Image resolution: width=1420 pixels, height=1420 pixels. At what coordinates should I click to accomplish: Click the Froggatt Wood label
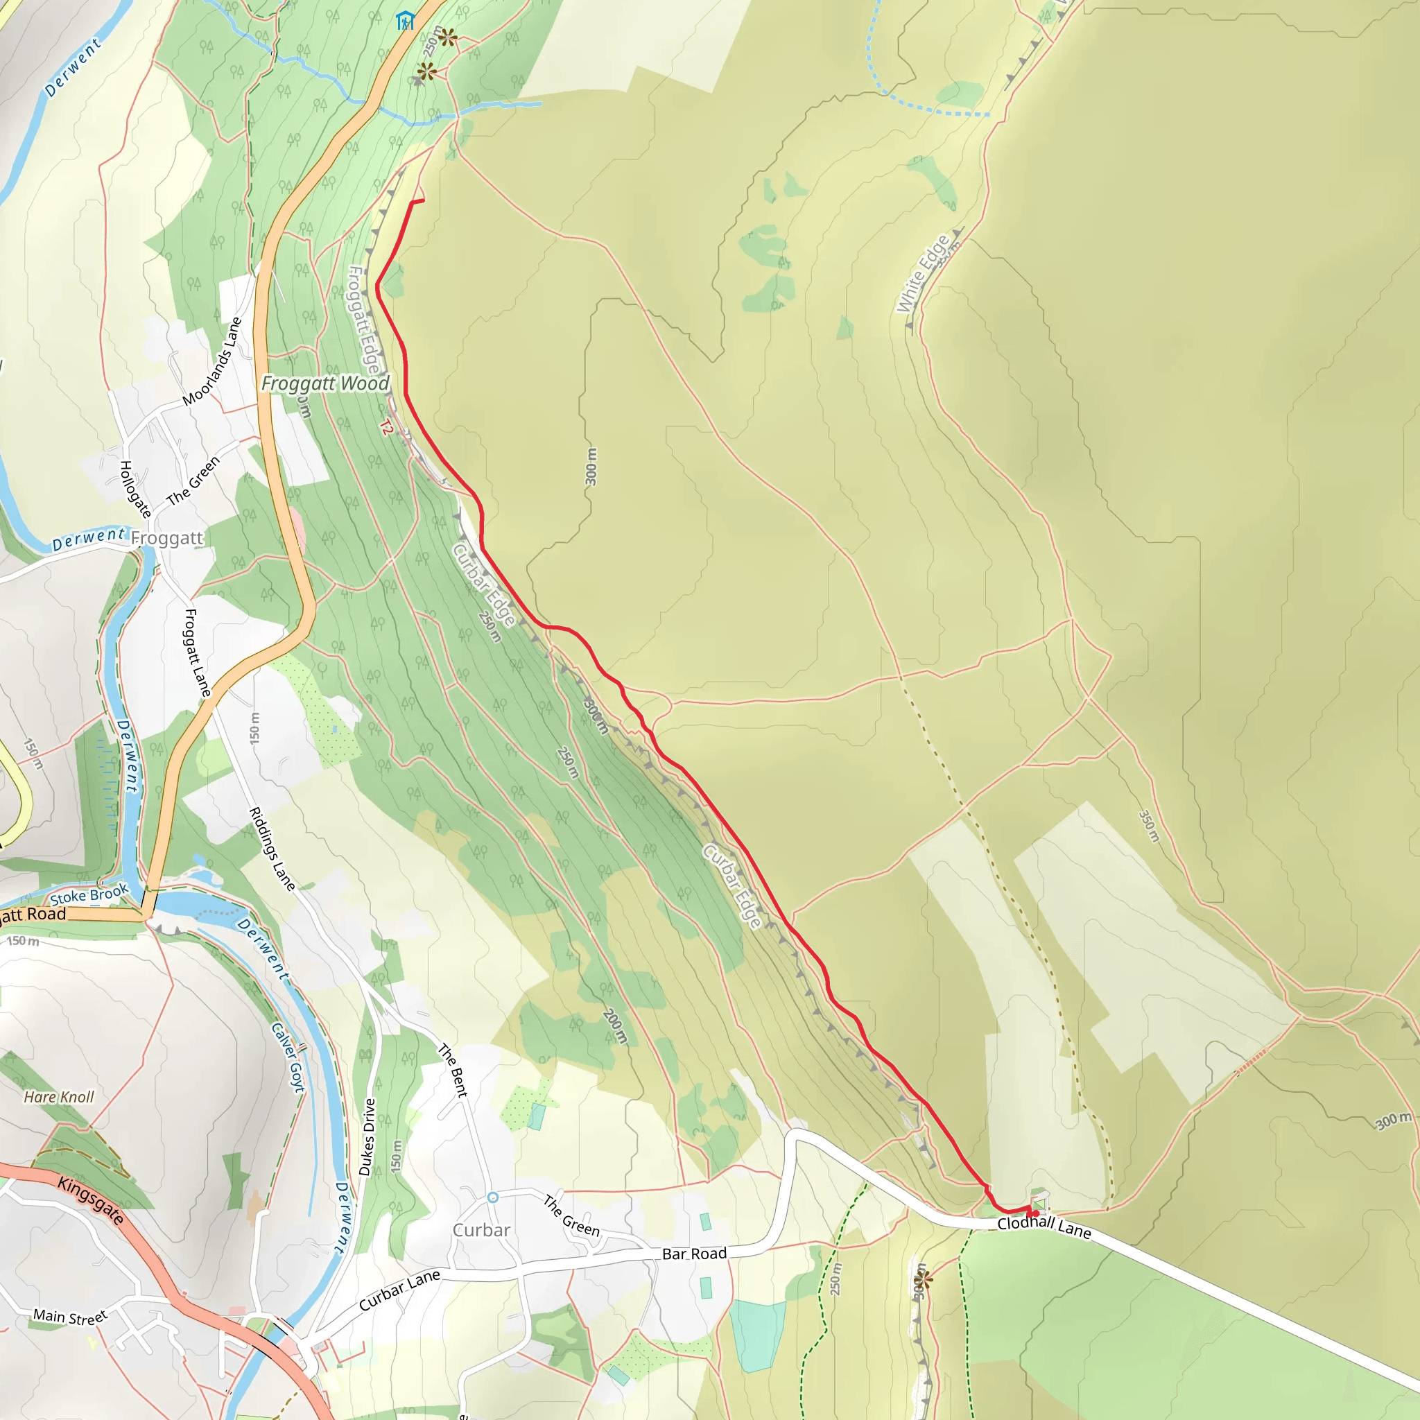(325, 383)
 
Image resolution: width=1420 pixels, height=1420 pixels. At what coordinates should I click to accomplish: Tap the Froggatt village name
(167, 538)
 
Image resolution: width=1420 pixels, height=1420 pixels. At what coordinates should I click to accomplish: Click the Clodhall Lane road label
(1044, 1226)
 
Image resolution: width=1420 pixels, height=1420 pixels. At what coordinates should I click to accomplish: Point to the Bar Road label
(694, 1253)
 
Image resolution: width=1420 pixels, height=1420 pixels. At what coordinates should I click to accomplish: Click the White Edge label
(922, 273)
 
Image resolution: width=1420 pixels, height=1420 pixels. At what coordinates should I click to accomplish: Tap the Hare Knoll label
(59, 1097)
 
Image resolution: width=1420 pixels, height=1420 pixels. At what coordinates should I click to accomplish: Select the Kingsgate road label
(90, 1200)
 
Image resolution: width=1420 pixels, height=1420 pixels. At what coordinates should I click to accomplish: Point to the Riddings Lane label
(272, 849)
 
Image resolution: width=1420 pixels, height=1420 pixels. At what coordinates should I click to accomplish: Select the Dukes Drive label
(367, 1136)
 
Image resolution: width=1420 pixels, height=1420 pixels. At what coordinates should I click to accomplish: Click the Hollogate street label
(135, 489)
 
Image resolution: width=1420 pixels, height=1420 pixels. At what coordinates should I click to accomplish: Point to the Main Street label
(70, 1317)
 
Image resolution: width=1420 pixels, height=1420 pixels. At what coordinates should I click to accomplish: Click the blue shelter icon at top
(405, 21)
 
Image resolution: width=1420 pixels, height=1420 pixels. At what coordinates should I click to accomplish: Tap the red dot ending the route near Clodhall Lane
(1036, 1213)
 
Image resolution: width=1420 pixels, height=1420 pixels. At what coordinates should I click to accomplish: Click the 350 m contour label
(1149, 826)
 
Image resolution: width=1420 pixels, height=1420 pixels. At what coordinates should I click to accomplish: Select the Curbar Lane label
(399, 1290)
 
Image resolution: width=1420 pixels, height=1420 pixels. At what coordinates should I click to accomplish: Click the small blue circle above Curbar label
(492, 1197)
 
